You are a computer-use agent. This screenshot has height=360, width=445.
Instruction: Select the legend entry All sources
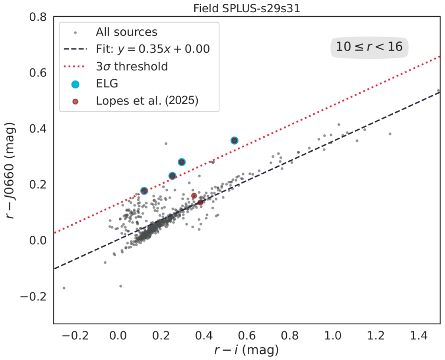(x=126, y=32)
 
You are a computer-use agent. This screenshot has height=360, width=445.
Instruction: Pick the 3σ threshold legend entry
(x=132, y=66)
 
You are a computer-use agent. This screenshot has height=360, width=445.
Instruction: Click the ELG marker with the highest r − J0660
(x=234, y=140)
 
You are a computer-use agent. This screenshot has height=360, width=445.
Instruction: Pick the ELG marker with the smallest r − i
(x=144, y=191)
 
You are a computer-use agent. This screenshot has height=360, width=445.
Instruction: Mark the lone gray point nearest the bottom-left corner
(x=64, y=288)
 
